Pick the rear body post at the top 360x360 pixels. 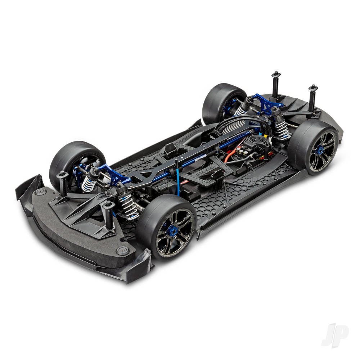click(x=276, y=85)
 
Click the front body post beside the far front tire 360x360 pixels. click(x=62, y=182)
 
